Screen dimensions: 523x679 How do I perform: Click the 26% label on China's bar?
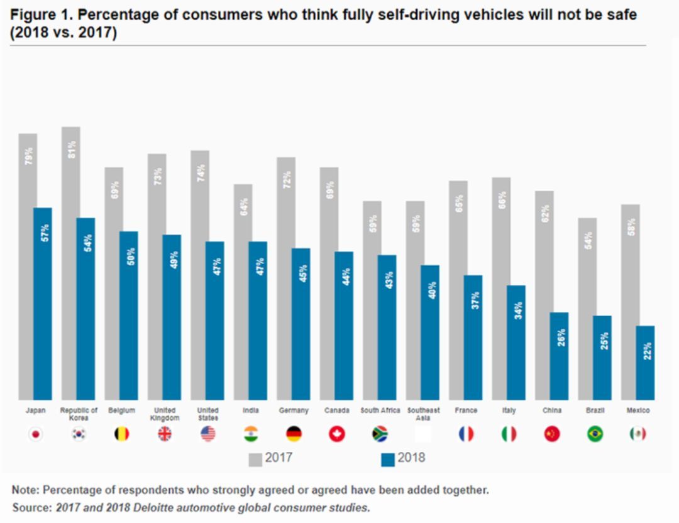(x=561, y=338)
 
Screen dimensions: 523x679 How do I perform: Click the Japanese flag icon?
(x=36, y=434)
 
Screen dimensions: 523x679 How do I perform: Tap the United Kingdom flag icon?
(x=165, y=434)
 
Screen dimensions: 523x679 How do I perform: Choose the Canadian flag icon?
(x=337, y=434)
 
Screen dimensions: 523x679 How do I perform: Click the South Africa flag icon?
(x=380, y=434)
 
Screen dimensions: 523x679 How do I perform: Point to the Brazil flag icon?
(x=595, y=434)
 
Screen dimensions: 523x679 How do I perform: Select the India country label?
(x=251, y=410)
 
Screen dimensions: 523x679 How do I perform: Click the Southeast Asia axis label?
(x=423, y=414)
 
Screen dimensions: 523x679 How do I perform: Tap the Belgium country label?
(x=121, y=410)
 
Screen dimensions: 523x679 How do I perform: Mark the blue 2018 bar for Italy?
(x=516, y=343)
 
